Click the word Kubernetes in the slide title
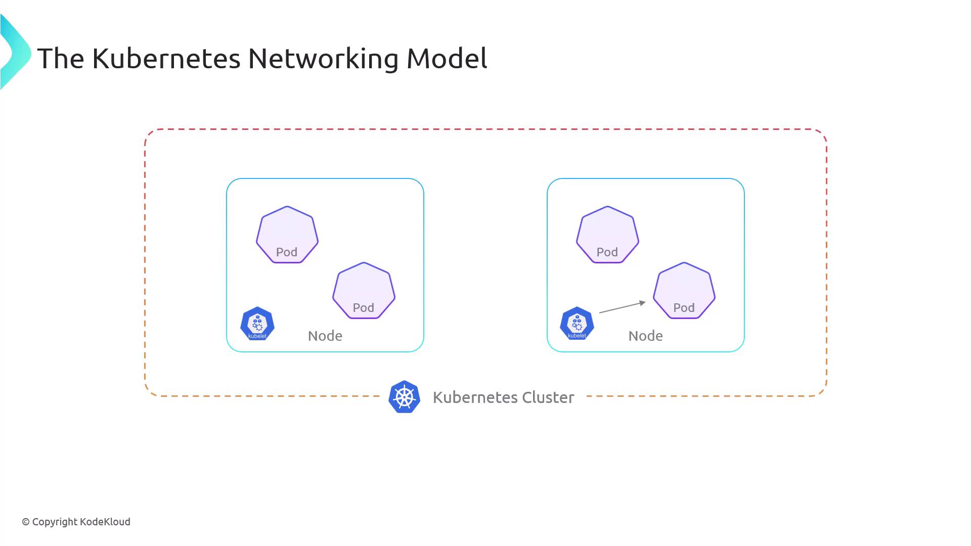click(166, 58)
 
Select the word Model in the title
click(447, 58)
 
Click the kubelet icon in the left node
click(257, 324)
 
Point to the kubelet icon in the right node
click(577, 324)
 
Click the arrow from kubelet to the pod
click(622, 307)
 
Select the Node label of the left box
click(325, 336)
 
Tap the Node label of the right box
click(645, 336)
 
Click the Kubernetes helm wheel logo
click(405, 397)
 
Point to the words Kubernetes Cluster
click(503, 397)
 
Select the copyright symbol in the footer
click(26, 522)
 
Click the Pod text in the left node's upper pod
click(287, 252)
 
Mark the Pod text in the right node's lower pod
click(684, 308)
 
